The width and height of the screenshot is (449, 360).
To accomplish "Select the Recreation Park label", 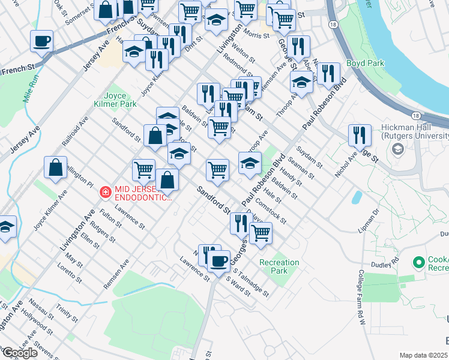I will coord(279,266).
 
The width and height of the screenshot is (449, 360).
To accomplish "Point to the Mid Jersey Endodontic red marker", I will coord(105,192).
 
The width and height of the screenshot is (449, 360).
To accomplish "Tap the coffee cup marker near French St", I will coord(42,41).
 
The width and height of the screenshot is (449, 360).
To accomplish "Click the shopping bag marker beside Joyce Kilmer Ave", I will coord(55,168).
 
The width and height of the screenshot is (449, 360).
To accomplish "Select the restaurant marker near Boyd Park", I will coord(328,73).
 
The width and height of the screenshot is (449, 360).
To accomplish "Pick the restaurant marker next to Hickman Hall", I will coord(360,135).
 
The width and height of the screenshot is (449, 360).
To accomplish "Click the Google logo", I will coord(20,353).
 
